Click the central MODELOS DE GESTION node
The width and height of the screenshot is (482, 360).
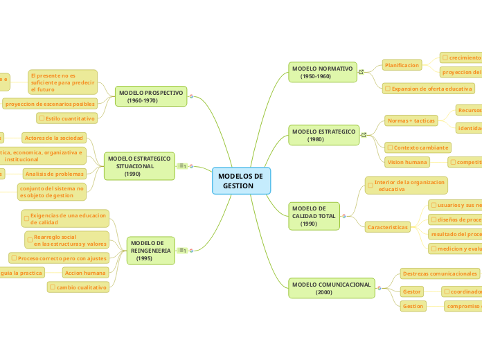(x=241, y=181)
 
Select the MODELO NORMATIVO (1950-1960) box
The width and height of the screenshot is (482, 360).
(x=323, y=72)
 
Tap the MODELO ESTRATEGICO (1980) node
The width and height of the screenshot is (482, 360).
(x=323, y=135)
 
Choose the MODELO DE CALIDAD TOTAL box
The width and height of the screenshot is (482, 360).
(x=314, y=216)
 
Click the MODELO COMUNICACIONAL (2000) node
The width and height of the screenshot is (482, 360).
(x=331, y=288)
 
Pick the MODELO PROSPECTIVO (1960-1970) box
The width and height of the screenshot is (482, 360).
(x=151, y=96)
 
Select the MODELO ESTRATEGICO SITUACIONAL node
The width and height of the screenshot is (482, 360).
(x=139, y=166)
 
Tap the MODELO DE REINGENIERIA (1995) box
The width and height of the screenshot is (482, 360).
(x=150, y=251)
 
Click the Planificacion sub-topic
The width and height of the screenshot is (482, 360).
(x=402, y=65)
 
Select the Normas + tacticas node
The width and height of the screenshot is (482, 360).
(x=411, y=120)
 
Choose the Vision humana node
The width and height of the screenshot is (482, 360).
(x=407, y=162)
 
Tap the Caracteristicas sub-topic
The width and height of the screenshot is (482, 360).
(x=388, y=226)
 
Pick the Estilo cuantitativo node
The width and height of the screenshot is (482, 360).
(x=69, y=118)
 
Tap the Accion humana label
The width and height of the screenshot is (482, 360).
(x=85, y=273)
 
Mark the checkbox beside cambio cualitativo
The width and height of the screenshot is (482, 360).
(x=52, y=287)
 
